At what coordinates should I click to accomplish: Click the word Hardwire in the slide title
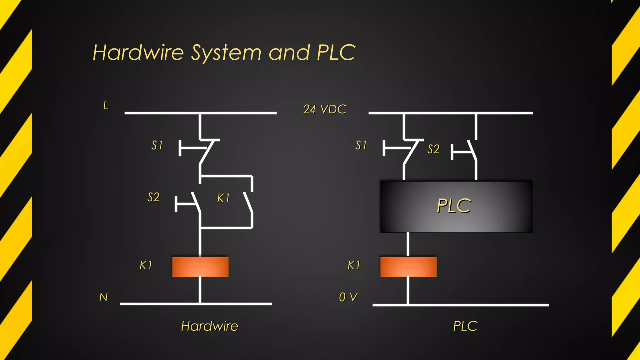(x=138, y=52)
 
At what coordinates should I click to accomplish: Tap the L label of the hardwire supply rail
(x=106, y=106)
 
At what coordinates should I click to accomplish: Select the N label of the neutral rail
(x=103, y=297)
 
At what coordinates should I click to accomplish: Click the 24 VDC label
(x=325, y=109)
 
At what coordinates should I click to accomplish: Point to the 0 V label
(x=348, y=297)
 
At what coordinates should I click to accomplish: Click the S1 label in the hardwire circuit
(x=157, y=145)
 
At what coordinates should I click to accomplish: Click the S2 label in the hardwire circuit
(x=153, y=197)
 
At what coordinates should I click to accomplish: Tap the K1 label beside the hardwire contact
(x=223, y=198)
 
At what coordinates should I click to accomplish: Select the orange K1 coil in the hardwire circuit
(x=200, y=267)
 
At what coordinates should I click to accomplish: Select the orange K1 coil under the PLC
(x=408, y=267)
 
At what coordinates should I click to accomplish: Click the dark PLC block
(x=456, y=206)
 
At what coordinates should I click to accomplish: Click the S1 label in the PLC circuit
(x=361, y=145)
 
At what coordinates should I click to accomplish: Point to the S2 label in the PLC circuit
(x=433, y=149)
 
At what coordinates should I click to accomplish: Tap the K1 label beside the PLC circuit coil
(x=354, y=265)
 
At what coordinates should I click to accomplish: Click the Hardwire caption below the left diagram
(x=210, y=326)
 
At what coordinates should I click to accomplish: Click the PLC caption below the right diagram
(x=465, y=326)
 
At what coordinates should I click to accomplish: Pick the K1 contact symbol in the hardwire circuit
(x=248, y=202)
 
